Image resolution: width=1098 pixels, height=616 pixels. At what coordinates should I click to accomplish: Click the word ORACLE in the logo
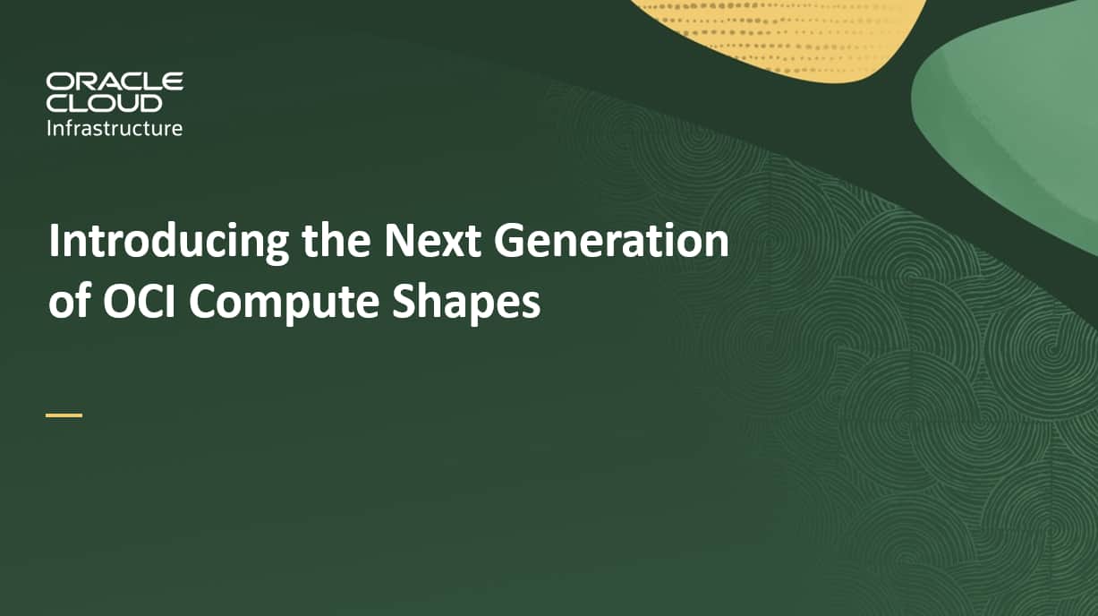tap(115, 82)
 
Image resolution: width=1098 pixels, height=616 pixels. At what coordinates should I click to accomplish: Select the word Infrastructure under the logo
tap(115, 128)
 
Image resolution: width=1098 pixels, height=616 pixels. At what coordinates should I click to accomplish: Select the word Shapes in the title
tap(465, 304)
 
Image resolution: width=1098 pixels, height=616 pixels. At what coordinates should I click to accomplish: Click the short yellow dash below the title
tap(64, 415)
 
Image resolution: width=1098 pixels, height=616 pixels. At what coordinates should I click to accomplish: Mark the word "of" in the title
tap(68, 303)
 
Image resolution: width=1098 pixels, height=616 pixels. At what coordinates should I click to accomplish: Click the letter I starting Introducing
tap(54, 242)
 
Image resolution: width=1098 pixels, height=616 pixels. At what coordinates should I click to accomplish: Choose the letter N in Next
tap(399, 242)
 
